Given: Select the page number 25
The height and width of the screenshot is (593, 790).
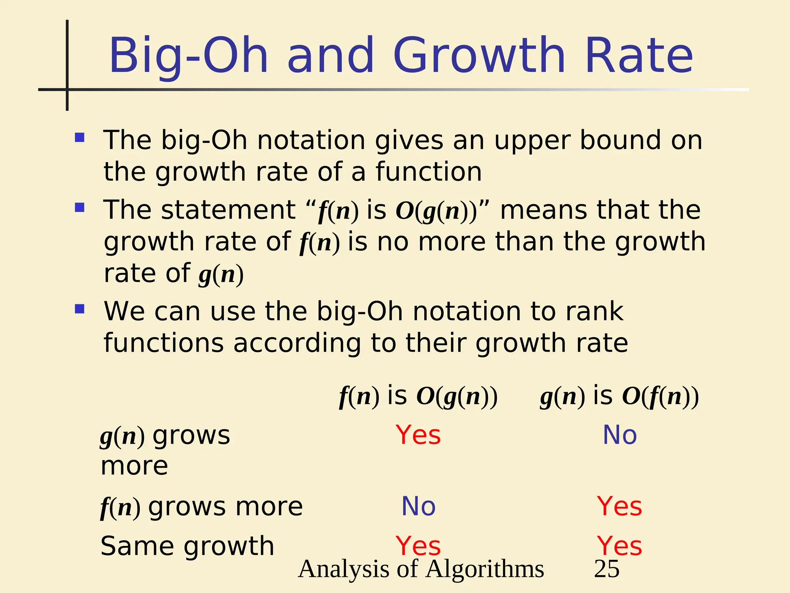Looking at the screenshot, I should [x=607, y=569].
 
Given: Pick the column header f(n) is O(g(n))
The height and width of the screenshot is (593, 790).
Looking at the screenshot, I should [x=419, y=396].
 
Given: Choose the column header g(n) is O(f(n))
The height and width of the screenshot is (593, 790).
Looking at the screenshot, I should [x=620, y=396].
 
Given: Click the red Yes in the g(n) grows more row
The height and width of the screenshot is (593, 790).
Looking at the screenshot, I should [x=418, y=435].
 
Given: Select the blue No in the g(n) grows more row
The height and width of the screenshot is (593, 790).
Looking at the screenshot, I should [x=620, y=435].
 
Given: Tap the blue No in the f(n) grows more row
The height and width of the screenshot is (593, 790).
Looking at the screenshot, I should [x=419, y=506].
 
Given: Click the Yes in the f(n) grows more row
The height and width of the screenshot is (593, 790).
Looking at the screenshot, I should [x=620, y=506].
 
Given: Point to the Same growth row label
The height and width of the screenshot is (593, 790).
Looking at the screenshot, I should [x=187, y=546].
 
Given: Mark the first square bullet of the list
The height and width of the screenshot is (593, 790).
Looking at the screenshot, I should [x=80, y=138].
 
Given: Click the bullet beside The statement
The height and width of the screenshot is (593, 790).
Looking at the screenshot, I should [x=80, y=208].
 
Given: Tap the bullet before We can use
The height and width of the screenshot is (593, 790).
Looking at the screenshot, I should [x=80, y=309].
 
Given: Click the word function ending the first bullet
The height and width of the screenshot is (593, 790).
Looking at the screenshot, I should [x=429, y=172].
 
